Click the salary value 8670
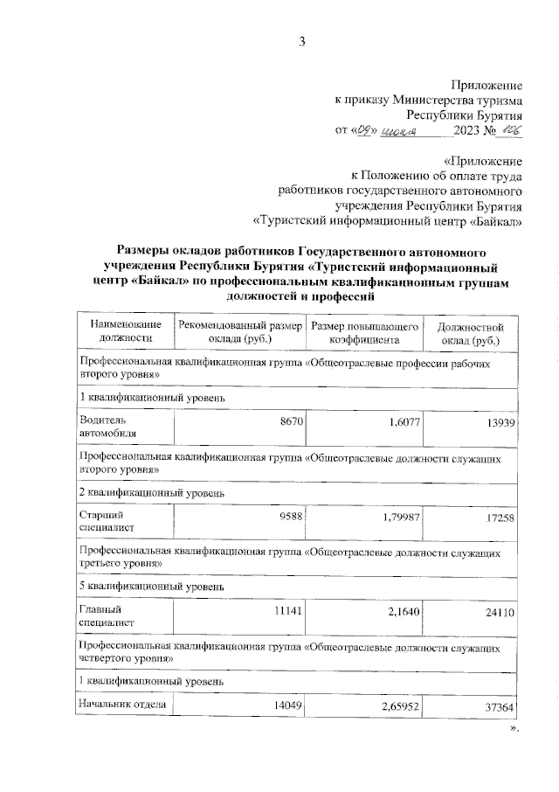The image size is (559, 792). (x=291, y=421)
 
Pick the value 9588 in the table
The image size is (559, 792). (x=291, y=516)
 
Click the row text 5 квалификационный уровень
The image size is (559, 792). (x=152, y=585)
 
